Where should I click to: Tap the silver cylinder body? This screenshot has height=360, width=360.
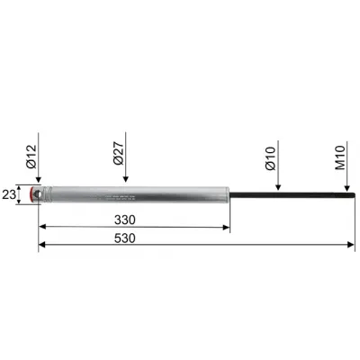click(x=135, y=195)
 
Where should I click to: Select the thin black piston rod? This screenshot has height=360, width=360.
click(x=288, y=195)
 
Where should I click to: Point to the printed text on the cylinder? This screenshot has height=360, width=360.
click(x=121, y=195)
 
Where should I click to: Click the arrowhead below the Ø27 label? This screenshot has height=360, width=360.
click(x=125, y=181)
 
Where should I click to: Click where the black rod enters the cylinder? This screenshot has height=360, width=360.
click(x=229, y=195)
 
